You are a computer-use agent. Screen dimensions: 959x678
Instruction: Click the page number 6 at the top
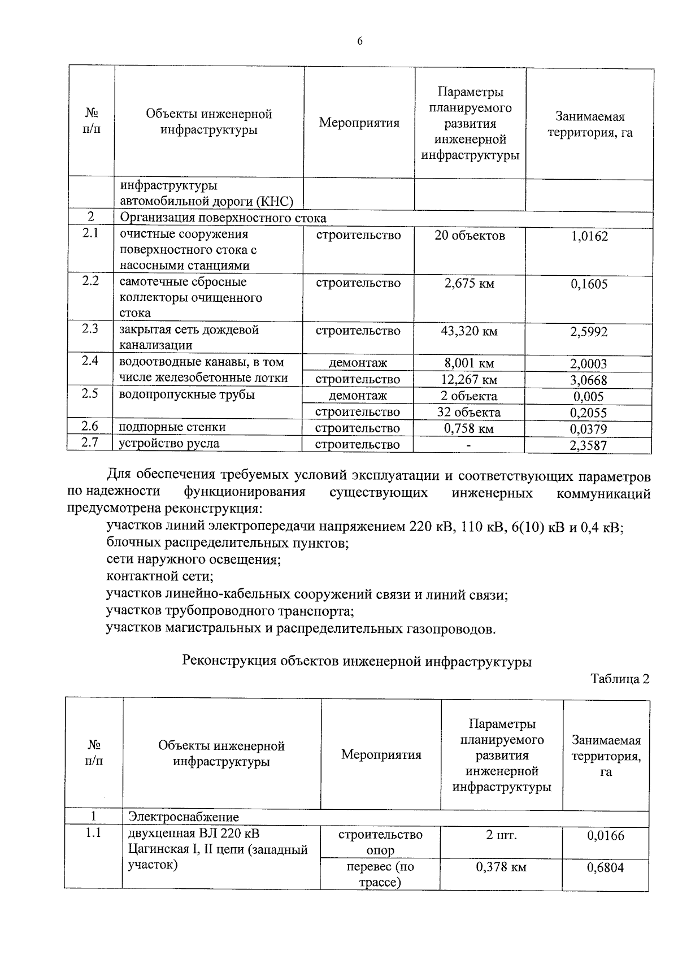[359, 41]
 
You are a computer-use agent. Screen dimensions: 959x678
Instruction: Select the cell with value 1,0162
[589, 236]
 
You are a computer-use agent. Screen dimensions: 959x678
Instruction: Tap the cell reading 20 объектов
[470, 236]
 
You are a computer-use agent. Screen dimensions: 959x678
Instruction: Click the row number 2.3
[90, 328]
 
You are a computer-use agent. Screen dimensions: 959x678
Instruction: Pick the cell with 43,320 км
[469, 331]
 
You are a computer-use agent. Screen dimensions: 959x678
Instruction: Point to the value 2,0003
[589, 364]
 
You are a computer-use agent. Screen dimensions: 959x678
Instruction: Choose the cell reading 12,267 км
[469, 380]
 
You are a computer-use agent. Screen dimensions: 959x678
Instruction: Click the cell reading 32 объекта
[469, 412]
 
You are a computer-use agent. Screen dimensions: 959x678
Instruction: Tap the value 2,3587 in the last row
[589, 445]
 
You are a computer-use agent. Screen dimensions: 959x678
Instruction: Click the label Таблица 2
[620, 679]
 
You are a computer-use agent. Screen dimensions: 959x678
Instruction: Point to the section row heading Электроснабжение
[184, 817]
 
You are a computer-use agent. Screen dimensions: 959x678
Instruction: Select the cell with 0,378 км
[501, 867]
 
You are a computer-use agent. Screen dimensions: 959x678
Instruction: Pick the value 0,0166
[606, 835]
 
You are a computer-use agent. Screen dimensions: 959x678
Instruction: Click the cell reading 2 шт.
[501, 835]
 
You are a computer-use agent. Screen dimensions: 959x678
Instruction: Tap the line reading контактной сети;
[160, 577]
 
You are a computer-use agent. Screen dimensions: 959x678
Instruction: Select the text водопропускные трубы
[186, 394]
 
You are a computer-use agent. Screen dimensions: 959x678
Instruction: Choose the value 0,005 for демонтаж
[589, 396]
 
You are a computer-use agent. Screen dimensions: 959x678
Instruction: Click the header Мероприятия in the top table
[359, 123]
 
